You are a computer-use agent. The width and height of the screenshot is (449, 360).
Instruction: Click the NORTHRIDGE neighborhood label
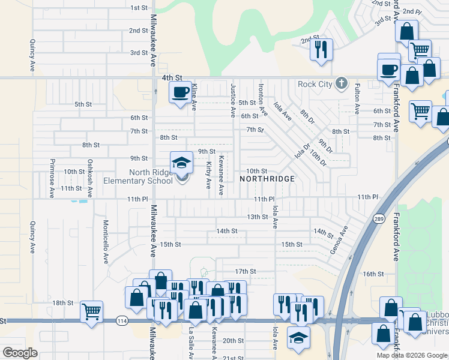click(x=268, y=179)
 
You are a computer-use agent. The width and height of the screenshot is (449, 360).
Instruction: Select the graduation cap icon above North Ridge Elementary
click(x=181, y=162)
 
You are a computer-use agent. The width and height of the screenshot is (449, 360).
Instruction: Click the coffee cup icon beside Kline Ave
click(x=179, y=92)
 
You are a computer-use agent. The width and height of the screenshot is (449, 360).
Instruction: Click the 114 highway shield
click(x=122, y=322)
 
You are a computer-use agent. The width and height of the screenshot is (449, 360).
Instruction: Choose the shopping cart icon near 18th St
click(x=91, y=311)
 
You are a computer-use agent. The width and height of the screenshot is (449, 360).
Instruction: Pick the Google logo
click(x=20, y=353)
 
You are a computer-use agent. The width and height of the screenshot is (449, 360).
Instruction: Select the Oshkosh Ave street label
click(x=90, y=178)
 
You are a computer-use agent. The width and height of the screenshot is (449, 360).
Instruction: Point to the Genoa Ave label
click(x=340, y=240)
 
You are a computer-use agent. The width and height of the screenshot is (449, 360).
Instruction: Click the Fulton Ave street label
click(x=357, y=99)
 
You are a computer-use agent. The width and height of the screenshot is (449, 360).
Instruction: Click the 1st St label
click(x=139, y=7)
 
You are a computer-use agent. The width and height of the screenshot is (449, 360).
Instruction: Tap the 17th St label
click(x=245, y=271)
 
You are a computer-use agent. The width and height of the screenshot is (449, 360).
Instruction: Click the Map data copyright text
click(x=412, y=355)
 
